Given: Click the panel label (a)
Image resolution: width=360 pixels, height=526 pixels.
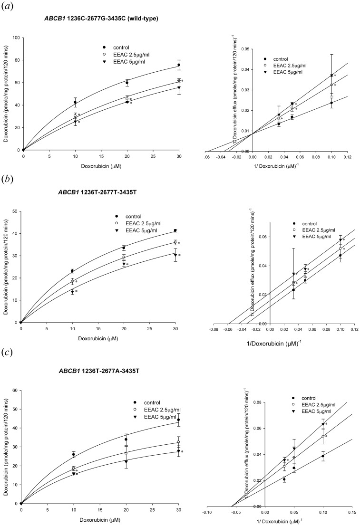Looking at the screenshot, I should coord(10,7).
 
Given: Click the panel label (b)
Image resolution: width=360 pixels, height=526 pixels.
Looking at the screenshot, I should coord(10,181).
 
